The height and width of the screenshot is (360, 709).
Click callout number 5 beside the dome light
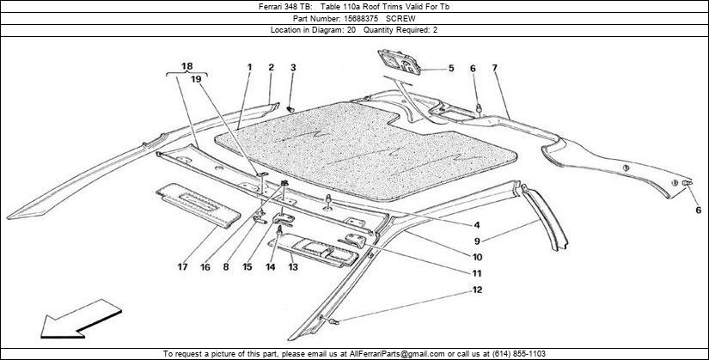pyautogui.click(x=451, y=69)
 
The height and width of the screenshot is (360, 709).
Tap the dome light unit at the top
pyautogui.click(x=400, y=62)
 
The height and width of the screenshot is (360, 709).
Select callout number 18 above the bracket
pyautogui.click(x=186, y=66)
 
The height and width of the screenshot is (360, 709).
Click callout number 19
pyautogui.click(x=196, y=79)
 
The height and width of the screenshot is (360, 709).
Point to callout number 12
pyautogui.click(x=478, y=290)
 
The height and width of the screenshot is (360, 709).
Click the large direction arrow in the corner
pyautogui.click(x=81, y=319)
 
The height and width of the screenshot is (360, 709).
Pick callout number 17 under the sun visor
pyautogui.click(x=182, y=267)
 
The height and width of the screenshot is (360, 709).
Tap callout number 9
pyautogui.click(x=477, y=241)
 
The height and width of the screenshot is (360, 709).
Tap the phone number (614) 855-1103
pyautogui.click(x=518, y=354)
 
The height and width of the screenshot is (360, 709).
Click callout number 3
pyautogui.click(x=293, y=68)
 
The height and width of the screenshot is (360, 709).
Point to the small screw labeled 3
pyautogui.click(x=291, y=109)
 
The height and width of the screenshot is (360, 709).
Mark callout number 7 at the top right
pyautogui.click(x=495, y=68)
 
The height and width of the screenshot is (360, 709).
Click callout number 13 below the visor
pyautogui.click(x=293, y=267)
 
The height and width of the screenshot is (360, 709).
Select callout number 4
pyautogui.click(x=477, y=225)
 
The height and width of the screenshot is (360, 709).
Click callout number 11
pyautogui.click(x=477, y=273)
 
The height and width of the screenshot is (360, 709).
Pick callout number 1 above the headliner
pyautogui.click(x=249, y=67)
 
